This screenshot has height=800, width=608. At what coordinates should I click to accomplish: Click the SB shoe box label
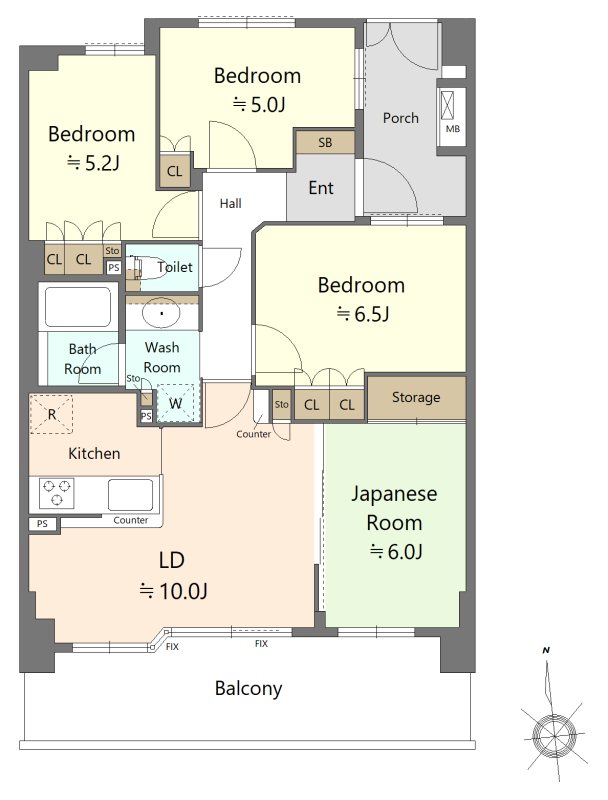pyautogui.click(x=325, y=142)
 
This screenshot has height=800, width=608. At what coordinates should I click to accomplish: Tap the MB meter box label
pyautogui.click(x=452, y=129)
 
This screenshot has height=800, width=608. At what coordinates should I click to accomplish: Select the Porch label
pyautogui.click(x=400, y=118)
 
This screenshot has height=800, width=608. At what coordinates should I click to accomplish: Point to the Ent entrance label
pyautogui.click(x=321, y=188)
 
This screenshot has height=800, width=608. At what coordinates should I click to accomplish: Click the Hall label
pyautogui.click(x=231, y=204)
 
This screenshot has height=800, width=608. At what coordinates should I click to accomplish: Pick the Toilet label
pyautogui.click(x=175, y=266)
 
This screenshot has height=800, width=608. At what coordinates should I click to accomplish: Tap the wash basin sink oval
pyautogui.click(x=161, y=313)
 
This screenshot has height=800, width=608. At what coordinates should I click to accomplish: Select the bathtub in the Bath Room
pyautogui.click(x=78, y=306)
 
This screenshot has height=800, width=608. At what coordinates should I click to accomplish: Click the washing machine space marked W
pyautogui.click(x=175, y=403)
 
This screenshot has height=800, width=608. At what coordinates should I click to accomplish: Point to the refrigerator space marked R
pyautogui.click(x=51, y=414)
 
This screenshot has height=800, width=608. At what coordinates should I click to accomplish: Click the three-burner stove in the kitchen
pyautogui.click(x=57, y=493)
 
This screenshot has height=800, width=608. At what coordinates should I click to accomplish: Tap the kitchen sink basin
pyautogui.click(x=130, y=494)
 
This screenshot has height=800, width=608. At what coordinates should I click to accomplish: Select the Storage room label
pyautogui.click(x=416, y=397)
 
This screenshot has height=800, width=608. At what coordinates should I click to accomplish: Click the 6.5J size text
pyautogui.click(x=363, y=314)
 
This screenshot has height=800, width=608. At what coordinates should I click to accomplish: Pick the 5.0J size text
pyautogui.click(x=259, y=105)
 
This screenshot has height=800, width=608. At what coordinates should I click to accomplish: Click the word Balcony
pyautogui.click(x=248, y=688)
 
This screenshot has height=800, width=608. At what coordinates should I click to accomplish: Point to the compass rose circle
pyautogui.click(x=553, y=736)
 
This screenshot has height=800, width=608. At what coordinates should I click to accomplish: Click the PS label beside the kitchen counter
pyautogui.click(x=42, y=523)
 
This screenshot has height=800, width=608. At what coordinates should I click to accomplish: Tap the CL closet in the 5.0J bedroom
pyautogui.click(x=174, y=171)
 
